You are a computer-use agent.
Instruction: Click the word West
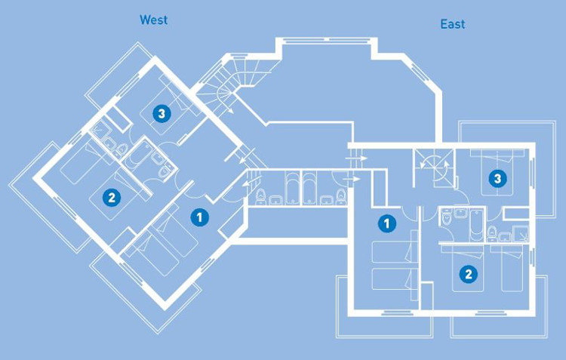point(153,20)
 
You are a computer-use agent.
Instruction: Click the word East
point(452,24)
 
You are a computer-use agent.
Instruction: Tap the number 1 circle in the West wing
point(199,217)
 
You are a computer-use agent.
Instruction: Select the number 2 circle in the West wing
point(112,198)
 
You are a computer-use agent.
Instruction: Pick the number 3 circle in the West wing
point(161,114)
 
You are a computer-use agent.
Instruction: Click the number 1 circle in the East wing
point(387,223)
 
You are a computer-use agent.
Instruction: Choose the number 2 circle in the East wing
point(468,274)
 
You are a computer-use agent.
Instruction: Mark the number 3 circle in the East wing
point(497,178)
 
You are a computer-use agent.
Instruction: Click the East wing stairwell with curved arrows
point(434,168)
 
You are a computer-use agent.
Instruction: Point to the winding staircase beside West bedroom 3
point(231,85)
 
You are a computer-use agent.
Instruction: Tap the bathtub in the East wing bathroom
point(476,224)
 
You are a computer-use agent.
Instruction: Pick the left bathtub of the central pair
point(292,189)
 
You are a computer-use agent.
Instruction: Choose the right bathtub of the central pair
point(309,189)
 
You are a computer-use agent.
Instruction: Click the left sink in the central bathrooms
point(276,200)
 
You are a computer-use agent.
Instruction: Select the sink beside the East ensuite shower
point(506,237)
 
